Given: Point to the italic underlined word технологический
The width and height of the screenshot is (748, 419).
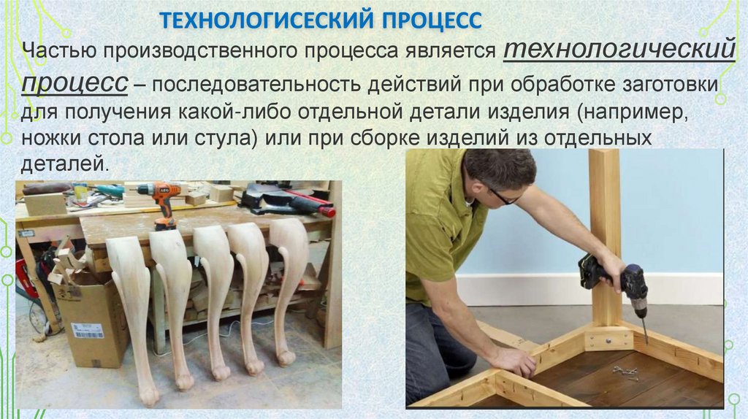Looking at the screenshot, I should coord(619,50).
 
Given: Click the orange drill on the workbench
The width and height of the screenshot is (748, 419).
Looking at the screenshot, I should coord(162,204).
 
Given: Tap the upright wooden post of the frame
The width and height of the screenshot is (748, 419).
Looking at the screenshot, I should coord(605,234).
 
